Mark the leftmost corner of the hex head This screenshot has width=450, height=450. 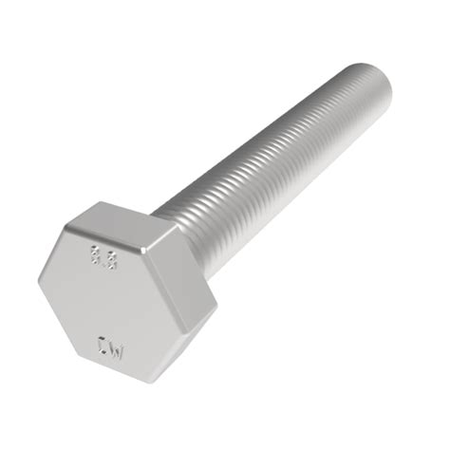click(40, 281)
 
